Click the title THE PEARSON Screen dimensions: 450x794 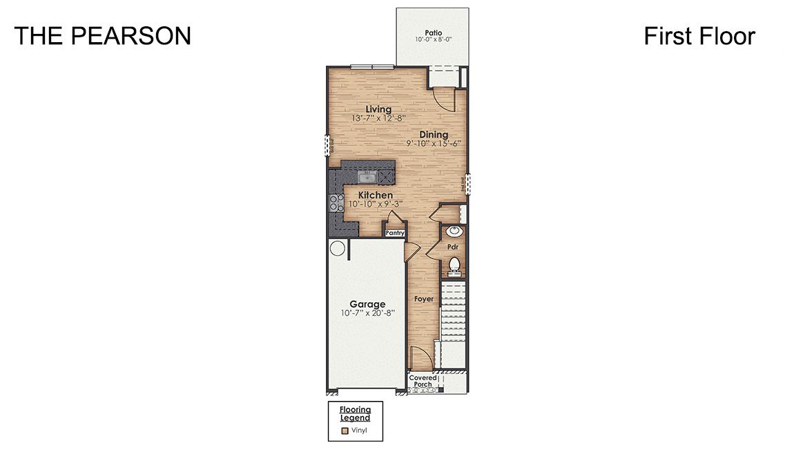point(102,36)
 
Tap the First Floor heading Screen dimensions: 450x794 point(699,36)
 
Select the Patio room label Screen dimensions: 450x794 point(433,32)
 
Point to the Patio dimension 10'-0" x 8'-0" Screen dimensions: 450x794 point(433,40)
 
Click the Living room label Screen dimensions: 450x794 point(378,109)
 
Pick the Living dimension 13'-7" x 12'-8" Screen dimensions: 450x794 point(378,119)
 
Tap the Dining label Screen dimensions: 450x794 point(434,134)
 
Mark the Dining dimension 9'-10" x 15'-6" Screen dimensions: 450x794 point(434,144)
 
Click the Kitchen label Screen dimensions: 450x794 point(375,196)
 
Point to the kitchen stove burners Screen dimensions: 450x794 point(336,203)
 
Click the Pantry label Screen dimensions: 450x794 point(394,234)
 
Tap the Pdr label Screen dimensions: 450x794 point(453,247)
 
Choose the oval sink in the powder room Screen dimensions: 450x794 point(454,232)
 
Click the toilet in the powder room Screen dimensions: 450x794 point(454,264)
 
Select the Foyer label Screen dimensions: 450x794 point(423,299)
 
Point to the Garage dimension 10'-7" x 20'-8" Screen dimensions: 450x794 point(367,313)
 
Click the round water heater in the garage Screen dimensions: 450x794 point(338,248)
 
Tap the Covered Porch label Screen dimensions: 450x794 point(423,382)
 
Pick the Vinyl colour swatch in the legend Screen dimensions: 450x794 point(345,430)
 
